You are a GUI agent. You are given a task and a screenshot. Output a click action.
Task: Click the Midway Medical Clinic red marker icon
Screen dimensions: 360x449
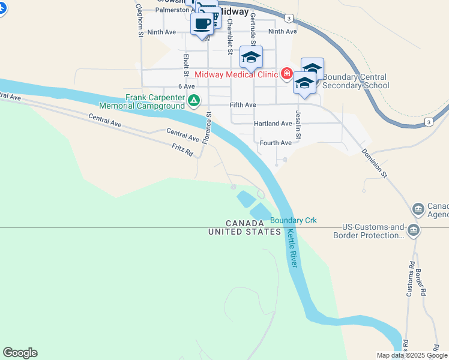click(x=287, y=74)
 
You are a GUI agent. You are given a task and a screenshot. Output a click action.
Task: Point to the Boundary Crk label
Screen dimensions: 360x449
click(x=293, y=221)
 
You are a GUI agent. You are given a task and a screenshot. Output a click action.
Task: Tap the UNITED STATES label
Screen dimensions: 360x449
click(x=245, y=232)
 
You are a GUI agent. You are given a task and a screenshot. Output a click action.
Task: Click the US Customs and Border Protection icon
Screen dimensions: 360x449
click(x=413, y=230)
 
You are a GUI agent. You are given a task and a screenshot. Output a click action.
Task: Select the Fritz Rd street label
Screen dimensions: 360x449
click(x=182, y=150)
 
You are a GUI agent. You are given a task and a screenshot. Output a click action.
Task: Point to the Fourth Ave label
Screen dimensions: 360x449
click(x=276, y=143)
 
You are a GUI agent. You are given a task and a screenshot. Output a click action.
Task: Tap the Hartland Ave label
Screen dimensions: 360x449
click(x=273, y=124)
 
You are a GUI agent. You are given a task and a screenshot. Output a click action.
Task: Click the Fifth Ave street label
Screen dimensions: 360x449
click(x=243, y=104)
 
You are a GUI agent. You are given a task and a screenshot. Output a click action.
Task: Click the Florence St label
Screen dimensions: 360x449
click(x=206, y=127)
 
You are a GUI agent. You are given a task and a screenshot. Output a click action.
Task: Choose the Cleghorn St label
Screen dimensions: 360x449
click(x=139, y=21)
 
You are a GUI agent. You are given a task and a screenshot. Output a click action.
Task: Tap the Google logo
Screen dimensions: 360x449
click(x=20, y=353)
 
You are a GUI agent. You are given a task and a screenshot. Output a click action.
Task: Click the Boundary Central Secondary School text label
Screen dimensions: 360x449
click(x=355, y=81)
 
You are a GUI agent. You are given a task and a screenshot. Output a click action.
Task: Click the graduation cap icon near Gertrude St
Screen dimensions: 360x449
click(x=251, y=58)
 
